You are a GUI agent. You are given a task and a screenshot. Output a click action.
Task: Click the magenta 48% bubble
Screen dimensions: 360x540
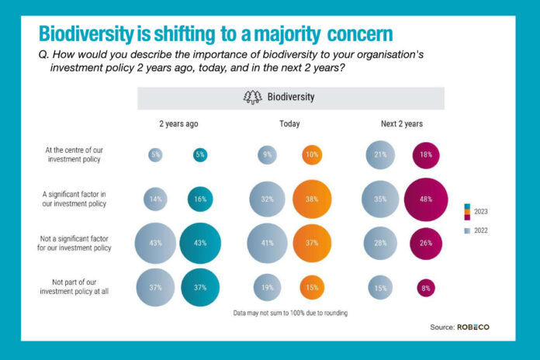tap(426, 199)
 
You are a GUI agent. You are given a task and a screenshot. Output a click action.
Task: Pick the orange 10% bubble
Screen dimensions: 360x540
tap(311, 155)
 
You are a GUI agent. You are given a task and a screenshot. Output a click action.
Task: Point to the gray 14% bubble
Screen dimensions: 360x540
tap(155, 199)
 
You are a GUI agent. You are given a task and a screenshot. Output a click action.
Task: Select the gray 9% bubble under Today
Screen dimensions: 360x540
tap(267, 155)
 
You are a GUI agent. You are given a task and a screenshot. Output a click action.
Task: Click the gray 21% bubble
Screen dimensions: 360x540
tap(381, 155)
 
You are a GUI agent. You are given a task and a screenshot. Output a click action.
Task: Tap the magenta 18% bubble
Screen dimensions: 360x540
tap(426, 155)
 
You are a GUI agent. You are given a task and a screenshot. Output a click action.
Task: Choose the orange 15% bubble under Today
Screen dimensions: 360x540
tap(311, 287)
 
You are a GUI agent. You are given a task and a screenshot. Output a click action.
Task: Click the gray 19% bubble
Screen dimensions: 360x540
tap(267, 287)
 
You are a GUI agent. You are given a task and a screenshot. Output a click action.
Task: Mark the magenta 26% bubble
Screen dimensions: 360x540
tap(426, 244)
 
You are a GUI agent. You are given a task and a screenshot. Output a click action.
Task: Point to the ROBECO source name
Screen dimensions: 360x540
tap(473, 327)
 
